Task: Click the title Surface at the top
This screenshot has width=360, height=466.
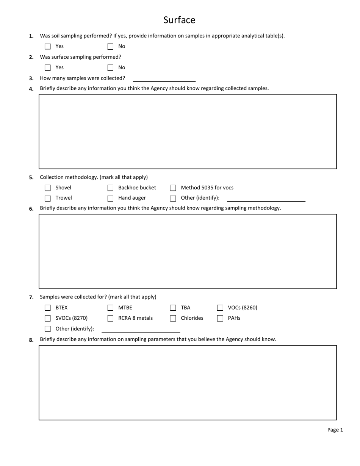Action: click(179, 20)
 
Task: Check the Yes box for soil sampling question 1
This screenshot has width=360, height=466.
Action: click(48, 47)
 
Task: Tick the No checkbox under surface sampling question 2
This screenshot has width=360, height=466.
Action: click(110, 68)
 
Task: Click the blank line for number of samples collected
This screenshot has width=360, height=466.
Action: click(164, 78)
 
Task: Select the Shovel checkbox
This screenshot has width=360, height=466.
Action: click(48, 188)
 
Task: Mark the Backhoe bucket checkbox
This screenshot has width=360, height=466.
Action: click(110, 188)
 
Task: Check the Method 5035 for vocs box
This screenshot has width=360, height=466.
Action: click(173, 188)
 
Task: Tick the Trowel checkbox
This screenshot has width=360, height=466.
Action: click(48, 198)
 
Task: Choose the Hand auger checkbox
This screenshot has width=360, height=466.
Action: click(110, 198)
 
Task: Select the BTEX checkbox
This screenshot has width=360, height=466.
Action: click(48, 308)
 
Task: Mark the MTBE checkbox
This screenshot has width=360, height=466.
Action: click(110, 308)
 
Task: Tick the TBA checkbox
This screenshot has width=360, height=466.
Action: click(173, 308)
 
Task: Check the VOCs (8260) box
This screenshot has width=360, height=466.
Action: click(220, 308)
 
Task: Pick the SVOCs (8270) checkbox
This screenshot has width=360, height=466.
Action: click(48, 318)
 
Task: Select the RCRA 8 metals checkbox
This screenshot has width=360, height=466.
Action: click(110, 318)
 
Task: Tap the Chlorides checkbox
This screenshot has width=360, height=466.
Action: click(173, 318)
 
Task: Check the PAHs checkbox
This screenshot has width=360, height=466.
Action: click(220, 318)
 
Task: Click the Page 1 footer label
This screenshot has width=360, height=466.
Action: click(335, 430)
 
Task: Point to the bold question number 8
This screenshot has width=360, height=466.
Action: click(31, 340)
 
